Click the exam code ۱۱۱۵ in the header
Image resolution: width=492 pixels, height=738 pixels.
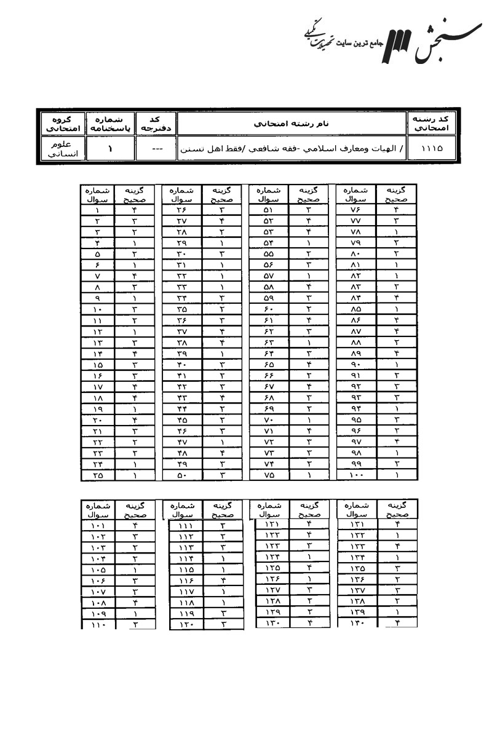(x=431, y=149)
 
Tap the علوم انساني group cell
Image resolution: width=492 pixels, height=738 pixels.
(x=62, y=149)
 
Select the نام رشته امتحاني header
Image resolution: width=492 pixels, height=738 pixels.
(x=292, y=124)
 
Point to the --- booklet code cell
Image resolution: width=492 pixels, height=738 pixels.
(x=157, y=149)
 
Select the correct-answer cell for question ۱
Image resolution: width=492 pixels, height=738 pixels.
(x=134, y=210)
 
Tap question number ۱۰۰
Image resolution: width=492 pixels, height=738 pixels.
(x=359, y=475)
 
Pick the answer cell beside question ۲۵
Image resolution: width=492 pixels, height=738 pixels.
(x=134, y=475)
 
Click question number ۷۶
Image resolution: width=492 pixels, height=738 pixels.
(x=359, y=210)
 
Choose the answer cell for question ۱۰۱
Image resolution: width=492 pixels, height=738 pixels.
(x=134, y=526)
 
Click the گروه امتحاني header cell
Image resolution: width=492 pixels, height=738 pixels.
(x=62, y=124)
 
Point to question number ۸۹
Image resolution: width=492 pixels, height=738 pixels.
(x=359, y=354)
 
